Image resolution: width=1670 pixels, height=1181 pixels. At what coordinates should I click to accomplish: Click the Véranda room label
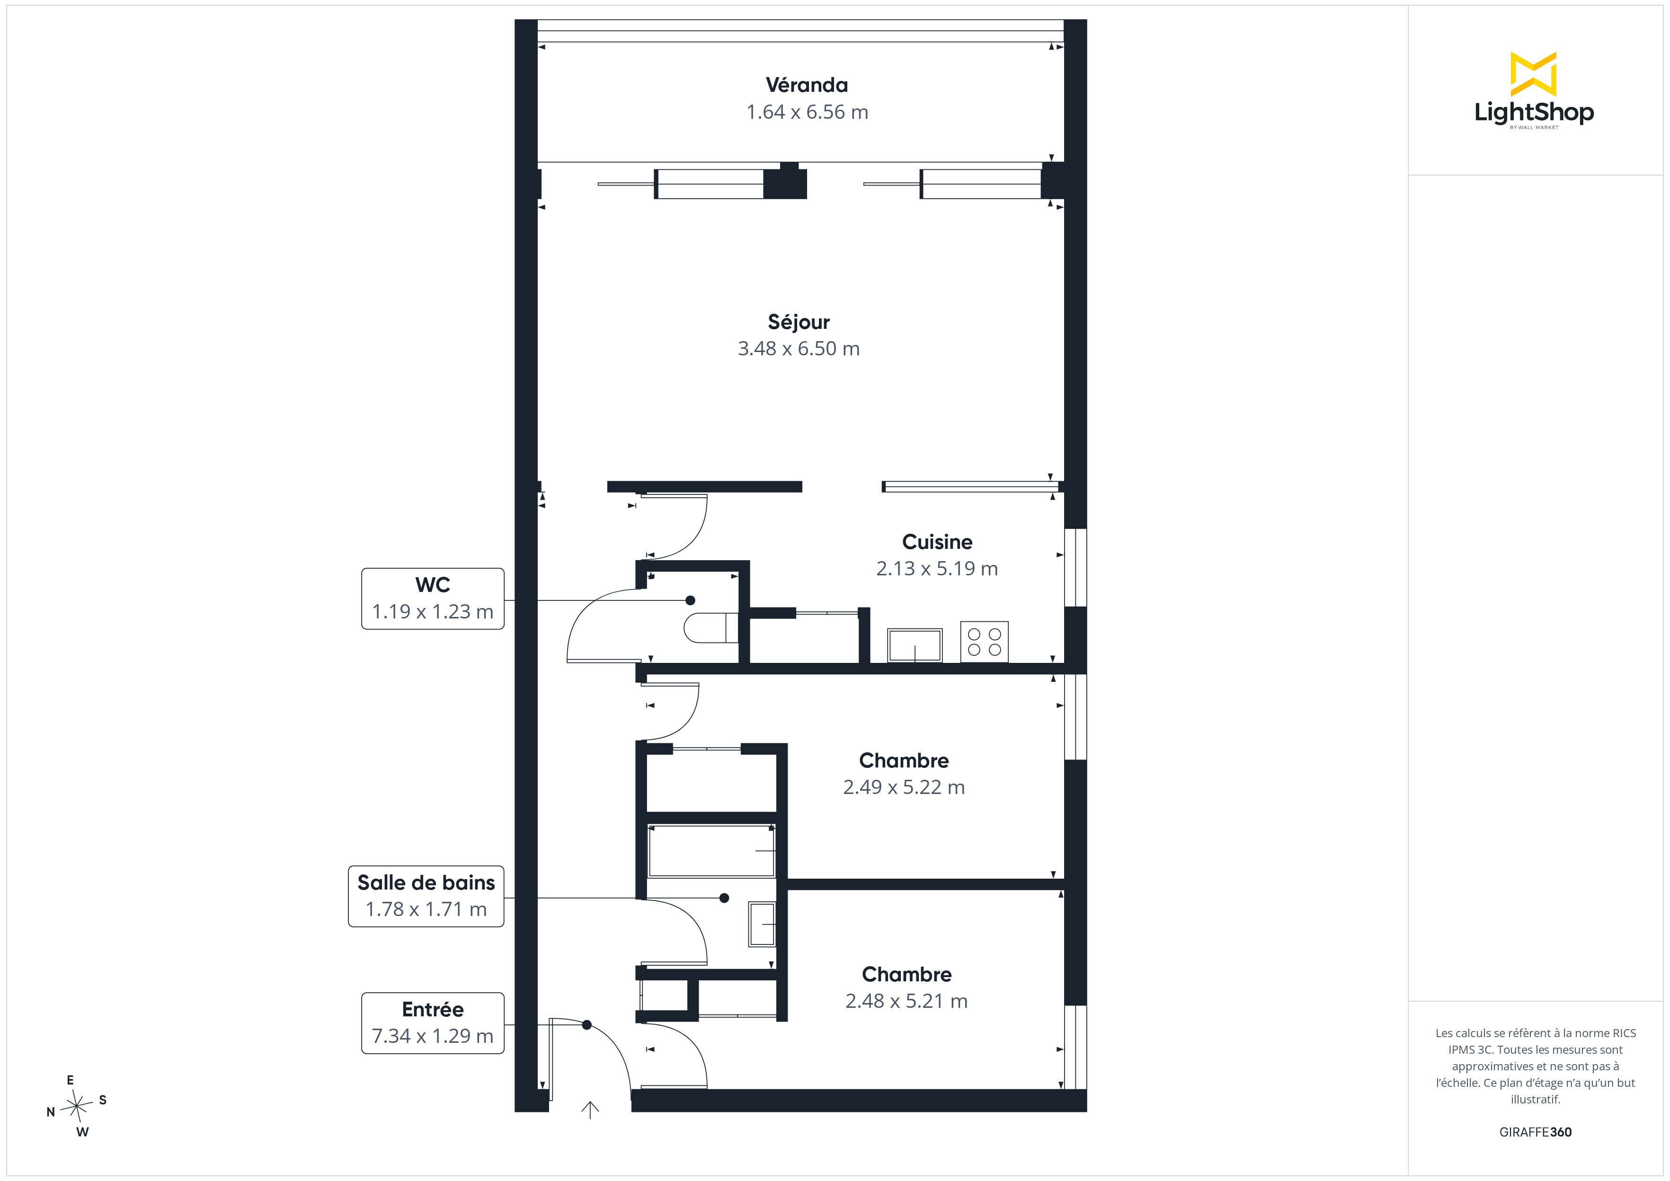[x=807, y=85]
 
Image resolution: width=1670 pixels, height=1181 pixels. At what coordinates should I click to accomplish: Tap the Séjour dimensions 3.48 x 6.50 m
[x=799, y=348]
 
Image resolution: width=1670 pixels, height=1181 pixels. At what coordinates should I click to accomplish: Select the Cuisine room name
[x=937, y=542]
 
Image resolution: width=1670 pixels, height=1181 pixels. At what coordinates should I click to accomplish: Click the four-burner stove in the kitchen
[x=984, y=642]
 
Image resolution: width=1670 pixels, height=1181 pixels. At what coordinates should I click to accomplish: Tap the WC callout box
[x=433, y=599]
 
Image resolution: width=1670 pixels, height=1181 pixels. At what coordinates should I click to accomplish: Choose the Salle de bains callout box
[x=426, y=896]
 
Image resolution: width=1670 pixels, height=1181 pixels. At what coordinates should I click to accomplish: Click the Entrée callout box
[x=433, y=1022]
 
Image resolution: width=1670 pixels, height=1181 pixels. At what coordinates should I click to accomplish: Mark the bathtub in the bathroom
[x=711, y=850]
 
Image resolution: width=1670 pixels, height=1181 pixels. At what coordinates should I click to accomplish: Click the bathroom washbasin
[x=762, y=924]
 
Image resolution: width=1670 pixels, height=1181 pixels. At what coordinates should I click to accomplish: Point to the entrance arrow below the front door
[x=590, y=1110]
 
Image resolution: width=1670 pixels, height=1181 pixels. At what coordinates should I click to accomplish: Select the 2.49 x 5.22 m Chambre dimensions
[x=904, y=787]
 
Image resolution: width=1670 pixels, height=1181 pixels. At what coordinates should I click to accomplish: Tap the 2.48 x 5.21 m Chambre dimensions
[x=906, y=1001]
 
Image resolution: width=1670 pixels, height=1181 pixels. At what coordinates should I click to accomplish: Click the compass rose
[x=76, y=1106]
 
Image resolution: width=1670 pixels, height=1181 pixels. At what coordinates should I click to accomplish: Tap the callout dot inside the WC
[x=690, y=600]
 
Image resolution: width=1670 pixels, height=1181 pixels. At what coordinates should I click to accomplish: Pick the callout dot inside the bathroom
[x=724, y=898]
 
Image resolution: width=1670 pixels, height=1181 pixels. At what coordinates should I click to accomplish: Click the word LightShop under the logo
[x=1534, y=112]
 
